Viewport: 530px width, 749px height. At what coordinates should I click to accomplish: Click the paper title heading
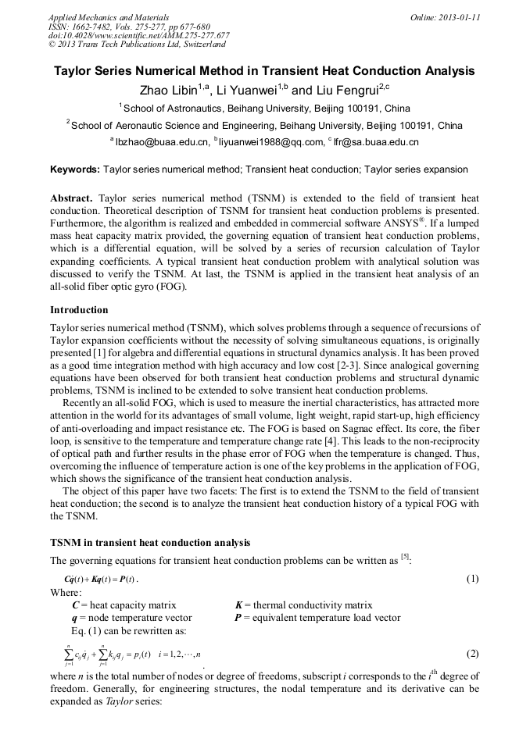[264, 71]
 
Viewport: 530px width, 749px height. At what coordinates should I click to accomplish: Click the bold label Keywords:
[75, 169]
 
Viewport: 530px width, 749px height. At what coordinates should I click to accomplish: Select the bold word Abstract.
[73, 198]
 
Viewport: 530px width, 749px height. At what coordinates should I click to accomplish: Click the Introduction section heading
[79, 310]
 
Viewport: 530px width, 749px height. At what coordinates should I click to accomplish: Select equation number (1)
[472, 579]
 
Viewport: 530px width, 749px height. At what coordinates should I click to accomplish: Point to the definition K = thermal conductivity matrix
[303, 605]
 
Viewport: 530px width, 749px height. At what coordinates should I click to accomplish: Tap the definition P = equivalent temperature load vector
[317, 617]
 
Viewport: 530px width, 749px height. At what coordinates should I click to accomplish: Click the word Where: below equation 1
[65, 593]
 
